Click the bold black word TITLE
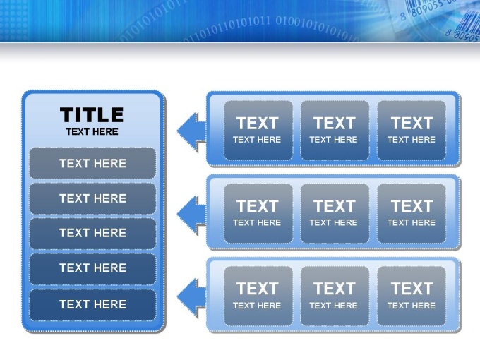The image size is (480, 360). pyautogui.click(x=92, y=115)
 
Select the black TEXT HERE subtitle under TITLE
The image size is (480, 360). pyautogui.click(x=92, y=131)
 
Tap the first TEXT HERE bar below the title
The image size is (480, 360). pyautogui.click(x=92, y=163)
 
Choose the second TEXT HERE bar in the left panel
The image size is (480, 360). pyautogui.click(x=92, y=198)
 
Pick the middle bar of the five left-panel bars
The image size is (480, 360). pyautogui.click(x=92, y=233)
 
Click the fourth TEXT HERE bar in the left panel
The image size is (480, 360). pyautogui.click(x=92, y=268)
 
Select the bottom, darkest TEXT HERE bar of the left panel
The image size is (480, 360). pyautogui.click(x=92, y=305)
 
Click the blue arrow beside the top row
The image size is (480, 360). pyautogui.click(x=191, y=131)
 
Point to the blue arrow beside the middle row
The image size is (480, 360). pyautogui.click(x=191, y=215)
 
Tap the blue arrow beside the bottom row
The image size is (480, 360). pyautogui.click(x=191, y=297)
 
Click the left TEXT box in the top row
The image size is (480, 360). pyautogui.click(x=258, y=131)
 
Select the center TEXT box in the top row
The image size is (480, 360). pyautogui.click(x=335, y=131)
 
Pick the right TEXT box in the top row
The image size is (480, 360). pyautogui.click(x=412, y=131)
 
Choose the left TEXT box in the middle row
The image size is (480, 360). pyautogui.click(x=258, y=213)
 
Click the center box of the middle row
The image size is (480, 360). pyautogui.click(x=335, y=213)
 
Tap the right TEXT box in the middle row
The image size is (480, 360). pyautogui.click(x=412, y=213)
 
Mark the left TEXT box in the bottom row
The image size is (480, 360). pyautogui.click(x=258, y=296)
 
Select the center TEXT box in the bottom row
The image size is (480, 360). pyautogui.click(x=335, y=296)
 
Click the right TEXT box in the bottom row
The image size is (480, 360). pyautogui.click(x=412, y=296)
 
